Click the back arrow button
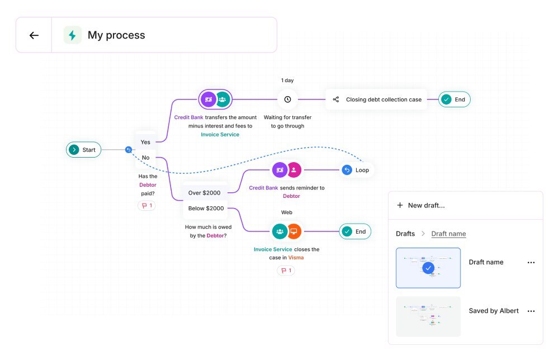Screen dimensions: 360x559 34,35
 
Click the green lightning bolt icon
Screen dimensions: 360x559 72,35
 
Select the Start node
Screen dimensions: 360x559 83,150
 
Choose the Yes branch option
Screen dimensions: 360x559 145,142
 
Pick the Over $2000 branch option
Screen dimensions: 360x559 204,193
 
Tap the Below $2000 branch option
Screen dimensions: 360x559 206,209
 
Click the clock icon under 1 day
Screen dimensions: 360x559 287,100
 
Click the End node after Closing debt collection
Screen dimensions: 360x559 454,100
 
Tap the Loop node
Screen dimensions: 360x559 356,170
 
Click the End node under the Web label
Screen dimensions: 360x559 355,231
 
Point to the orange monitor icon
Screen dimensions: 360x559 293,231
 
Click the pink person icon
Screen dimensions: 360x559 293,170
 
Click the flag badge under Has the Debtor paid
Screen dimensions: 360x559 146,206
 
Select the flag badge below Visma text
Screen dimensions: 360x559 286,271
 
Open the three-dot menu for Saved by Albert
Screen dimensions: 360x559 531,311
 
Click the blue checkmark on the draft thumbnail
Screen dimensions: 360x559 428,268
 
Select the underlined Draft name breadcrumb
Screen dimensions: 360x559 448,234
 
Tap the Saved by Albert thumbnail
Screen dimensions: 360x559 428,316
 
